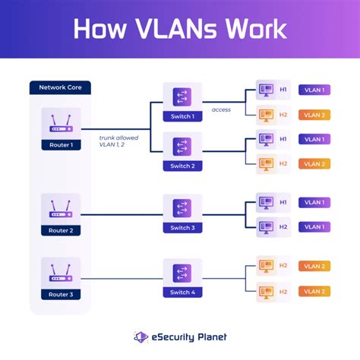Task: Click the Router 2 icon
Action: [60, 208]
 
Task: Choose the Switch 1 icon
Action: [182, 96]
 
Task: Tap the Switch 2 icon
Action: [182, 146]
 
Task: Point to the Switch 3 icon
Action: [182, 208]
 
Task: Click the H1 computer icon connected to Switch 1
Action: [264, 90]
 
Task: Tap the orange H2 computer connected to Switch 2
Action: [264, 163]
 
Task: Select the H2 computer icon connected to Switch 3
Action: [264, 226]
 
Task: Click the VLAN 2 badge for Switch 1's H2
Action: [314, 115]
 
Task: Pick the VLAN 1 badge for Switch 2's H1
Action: [314, 139]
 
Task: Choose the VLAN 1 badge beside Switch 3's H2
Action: [314, 226]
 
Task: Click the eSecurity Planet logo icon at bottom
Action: [141, 336]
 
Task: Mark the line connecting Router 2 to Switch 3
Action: [122, 215]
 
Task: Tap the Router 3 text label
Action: [60, 294]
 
